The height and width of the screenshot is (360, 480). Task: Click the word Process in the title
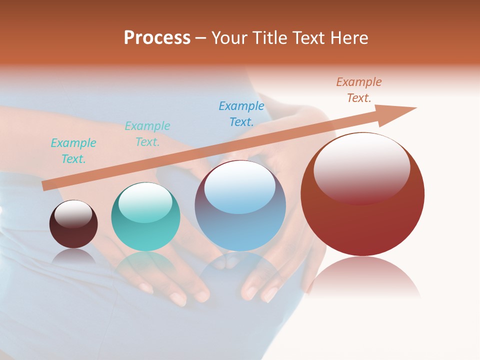(157, 37)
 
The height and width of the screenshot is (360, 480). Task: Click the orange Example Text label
(359, 90)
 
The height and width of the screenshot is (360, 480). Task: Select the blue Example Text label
(241, 113)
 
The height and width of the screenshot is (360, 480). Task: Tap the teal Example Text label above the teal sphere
(147, 133)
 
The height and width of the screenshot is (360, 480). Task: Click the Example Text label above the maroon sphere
(73, 150)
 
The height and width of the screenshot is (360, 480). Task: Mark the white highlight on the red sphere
(361, 167)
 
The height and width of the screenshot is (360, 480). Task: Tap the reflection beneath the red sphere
(363, 277)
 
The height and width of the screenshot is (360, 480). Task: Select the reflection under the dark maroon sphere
(73, 256)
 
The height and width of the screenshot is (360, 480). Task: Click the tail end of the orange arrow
(46, 185)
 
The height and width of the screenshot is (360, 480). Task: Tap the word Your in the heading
(228, 37)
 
